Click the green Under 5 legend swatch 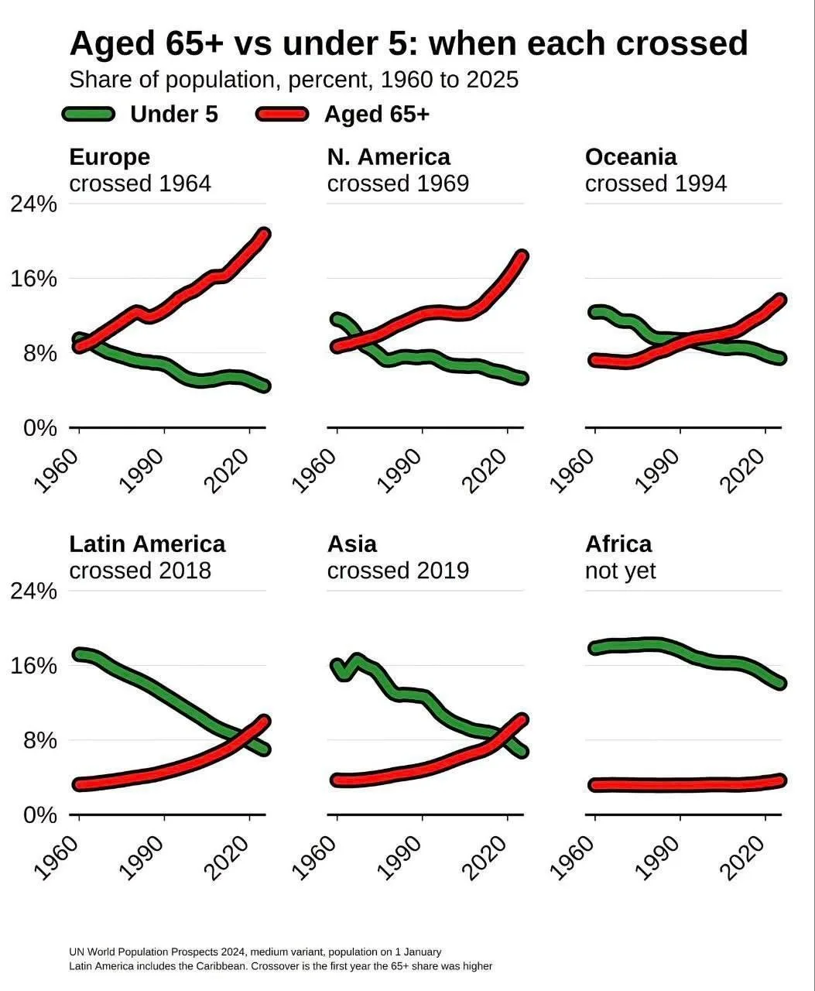click(89, 114)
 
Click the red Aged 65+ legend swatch click(283, 114)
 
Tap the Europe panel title click(109, 157)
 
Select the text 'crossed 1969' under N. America click(398, 183)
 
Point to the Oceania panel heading click(631, 157)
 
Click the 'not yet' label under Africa click(620, 571)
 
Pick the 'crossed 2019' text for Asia click(398, 571)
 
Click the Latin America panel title click(148, 544)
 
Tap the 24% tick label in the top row click(33, 204)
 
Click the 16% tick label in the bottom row click(33, 666)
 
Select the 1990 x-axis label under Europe click(142, 471)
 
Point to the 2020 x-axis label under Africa click(742, 858)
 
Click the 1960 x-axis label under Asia click(314, 858)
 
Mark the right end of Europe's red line click(265, 234)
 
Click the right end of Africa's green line click(780, 683)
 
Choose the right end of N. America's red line click(522, 255)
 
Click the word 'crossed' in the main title click(682, 43)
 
